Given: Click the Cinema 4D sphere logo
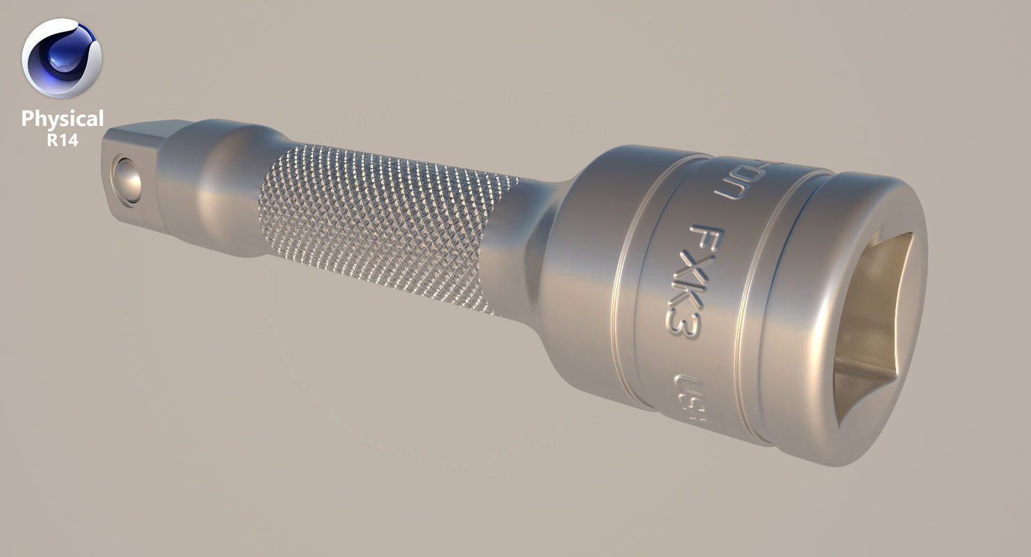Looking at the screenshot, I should (x=61, y=58).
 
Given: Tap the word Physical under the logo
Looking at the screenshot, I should (x=62, y=119).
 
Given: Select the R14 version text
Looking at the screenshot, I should (x=62, y=140).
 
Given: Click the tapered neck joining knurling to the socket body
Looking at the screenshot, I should (x=519, y=251).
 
